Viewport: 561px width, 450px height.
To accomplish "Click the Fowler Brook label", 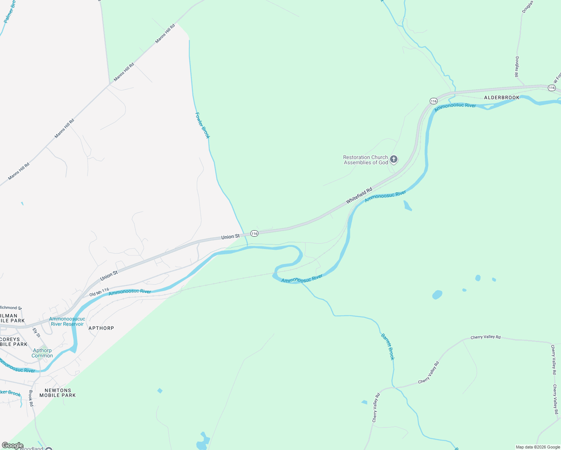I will pyautogui.click(x=202, y=126).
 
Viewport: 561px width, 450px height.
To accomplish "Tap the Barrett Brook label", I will pyautogui.click(x=388, y=346).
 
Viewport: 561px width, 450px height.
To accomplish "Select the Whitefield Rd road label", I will pyautogui.click(x=359, y=195).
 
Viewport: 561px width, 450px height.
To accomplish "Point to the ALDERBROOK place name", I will pyautogui.click(x=502, y=97).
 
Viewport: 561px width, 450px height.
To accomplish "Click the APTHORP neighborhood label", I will pyautogui.click(x=101, y=328).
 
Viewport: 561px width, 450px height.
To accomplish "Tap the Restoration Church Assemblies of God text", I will pyautogui.click(x=366, y=160).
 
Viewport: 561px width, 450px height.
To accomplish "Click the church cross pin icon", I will pyautogui.click(x=393, y=159).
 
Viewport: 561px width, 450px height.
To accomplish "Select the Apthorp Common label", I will pyautogui.click(x=42, y=353).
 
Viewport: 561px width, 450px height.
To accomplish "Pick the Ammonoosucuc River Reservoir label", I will pyautogui.click(x=67, y=321).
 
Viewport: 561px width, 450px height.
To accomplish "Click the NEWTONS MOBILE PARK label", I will pyautogui.click(x=58, y=393).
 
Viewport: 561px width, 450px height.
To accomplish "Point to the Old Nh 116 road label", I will pyautogui.click(x=99, y=292).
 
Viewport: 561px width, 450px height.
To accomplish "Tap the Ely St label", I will pyautogui.click(x=36, y=333).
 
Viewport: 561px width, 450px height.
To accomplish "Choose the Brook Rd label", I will pyautogui.click(x=31, y=398).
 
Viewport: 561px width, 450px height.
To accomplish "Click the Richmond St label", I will pyautogui.click(x=11, y=308).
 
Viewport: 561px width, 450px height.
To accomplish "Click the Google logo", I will pyautogui.click(x=12, y=445).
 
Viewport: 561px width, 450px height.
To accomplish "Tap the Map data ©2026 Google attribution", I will pyautogui.click(x=538, y=447).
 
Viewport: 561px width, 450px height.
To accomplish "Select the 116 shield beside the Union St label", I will pyautogui.click(x=255, y=234).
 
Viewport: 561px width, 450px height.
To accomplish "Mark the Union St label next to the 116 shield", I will pyautogui.click(x=230, y=237).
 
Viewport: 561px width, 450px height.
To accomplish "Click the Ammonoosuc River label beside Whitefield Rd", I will pyautogui.click(x=385, y=196).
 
